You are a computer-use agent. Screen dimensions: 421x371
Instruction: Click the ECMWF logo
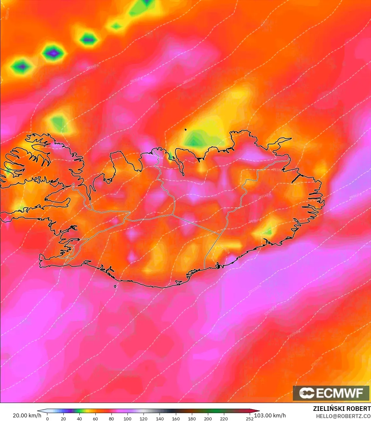331,393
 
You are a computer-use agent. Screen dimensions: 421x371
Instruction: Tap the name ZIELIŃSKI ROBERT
342,409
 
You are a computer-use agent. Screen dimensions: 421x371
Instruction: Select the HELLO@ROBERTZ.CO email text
343,416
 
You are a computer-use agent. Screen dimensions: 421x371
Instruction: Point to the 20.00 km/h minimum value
27,415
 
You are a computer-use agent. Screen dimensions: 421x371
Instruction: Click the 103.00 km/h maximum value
270,415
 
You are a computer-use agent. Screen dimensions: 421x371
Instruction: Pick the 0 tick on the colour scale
47,418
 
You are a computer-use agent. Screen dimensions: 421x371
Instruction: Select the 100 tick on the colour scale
127,418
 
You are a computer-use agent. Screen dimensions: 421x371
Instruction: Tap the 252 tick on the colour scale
250,418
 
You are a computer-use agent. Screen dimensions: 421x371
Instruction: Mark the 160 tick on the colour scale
176,418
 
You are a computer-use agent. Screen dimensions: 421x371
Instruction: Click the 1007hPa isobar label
316,361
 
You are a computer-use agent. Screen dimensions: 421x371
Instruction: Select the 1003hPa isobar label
270,310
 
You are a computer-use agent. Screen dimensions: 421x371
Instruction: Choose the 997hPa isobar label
255,221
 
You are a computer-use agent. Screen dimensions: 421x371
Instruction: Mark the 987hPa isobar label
239,80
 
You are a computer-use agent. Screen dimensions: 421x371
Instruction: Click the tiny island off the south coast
115,287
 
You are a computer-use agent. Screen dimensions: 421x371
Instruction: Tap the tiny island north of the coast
185,130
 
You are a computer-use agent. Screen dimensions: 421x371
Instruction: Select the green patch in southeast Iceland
268,232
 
